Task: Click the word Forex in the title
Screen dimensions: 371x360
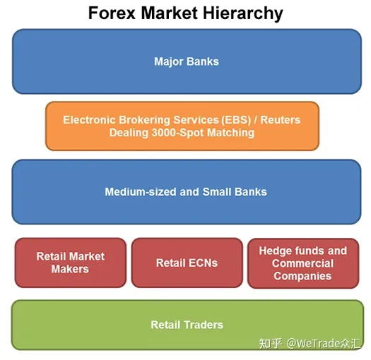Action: point(112,13)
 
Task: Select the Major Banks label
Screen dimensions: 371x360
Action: point(187,61)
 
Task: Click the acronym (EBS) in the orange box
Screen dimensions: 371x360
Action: point(236,120)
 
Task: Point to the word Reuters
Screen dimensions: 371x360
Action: point(281,120)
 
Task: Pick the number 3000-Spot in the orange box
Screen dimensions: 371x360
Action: point(178,133)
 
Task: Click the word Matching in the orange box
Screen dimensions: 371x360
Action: point(230,133)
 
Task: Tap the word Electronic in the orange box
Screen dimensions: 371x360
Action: point(90,120)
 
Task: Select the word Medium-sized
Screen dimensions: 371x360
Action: point(141,192)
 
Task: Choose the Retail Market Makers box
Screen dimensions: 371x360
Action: point(71,263)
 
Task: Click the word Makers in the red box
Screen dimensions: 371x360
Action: point(70,269)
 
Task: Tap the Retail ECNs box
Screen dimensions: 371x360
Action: point(187,263)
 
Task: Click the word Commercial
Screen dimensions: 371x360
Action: point(302,263)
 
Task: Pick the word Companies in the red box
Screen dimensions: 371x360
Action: point(302,276)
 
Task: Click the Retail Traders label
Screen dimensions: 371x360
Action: point(187,325)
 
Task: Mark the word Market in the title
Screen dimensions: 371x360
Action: point(170,13)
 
